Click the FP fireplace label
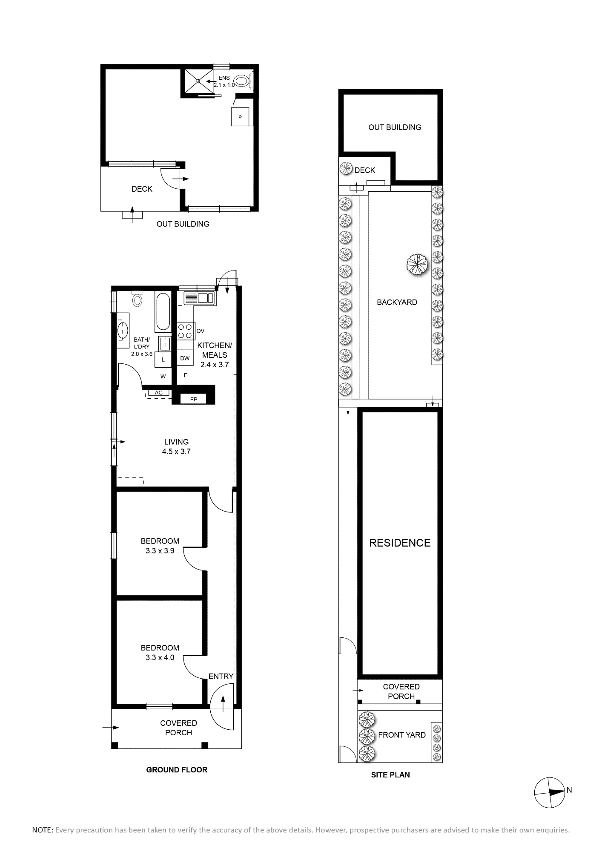(x=193, y=399)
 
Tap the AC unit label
(x=158, y=392)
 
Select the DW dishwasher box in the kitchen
(x=185, y=358)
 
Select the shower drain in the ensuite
(x=198, y=81)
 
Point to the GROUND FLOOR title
(x=177, y=770)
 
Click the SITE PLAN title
(x=390, y=775)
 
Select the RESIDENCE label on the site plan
(x=400, y=543)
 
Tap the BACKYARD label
(x=397, y=302)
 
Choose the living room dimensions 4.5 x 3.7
(x=176, y=452)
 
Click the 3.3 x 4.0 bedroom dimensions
(x=160, y=657)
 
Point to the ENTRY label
(x=221, y=676)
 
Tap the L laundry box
(x=163, y=360)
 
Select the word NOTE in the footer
(x=43, y=830)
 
